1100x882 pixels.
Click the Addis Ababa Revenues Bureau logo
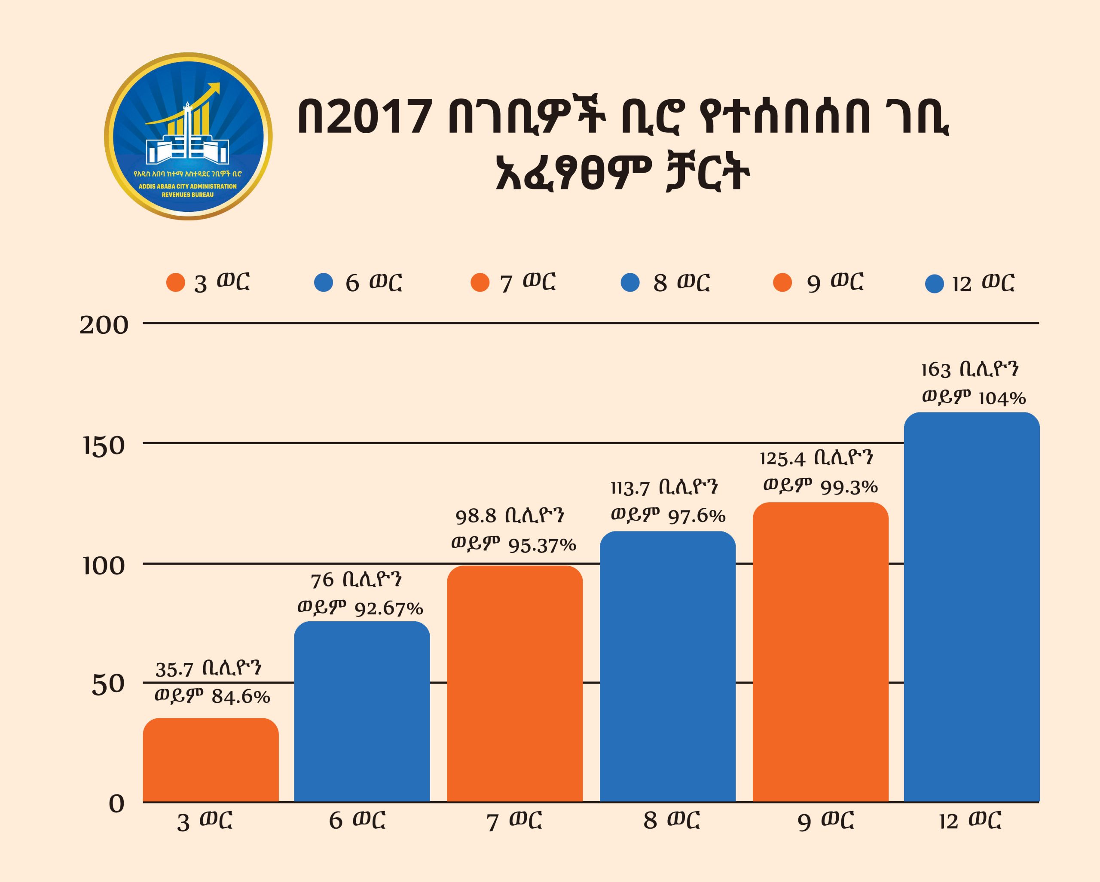click(188, 137)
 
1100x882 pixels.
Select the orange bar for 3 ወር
click(210, 760)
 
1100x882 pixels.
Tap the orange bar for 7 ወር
click(515, 684)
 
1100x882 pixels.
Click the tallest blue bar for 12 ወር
click(972, 607)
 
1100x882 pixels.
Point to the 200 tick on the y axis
click(104, 326)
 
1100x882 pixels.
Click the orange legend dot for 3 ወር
click(175, 283)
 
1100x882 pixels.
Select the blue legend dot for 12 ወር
click(935, 284)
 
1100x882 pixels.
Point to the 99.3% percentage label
click(849, 488)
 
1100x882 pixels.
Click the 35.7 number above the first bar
click(174, 670)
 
